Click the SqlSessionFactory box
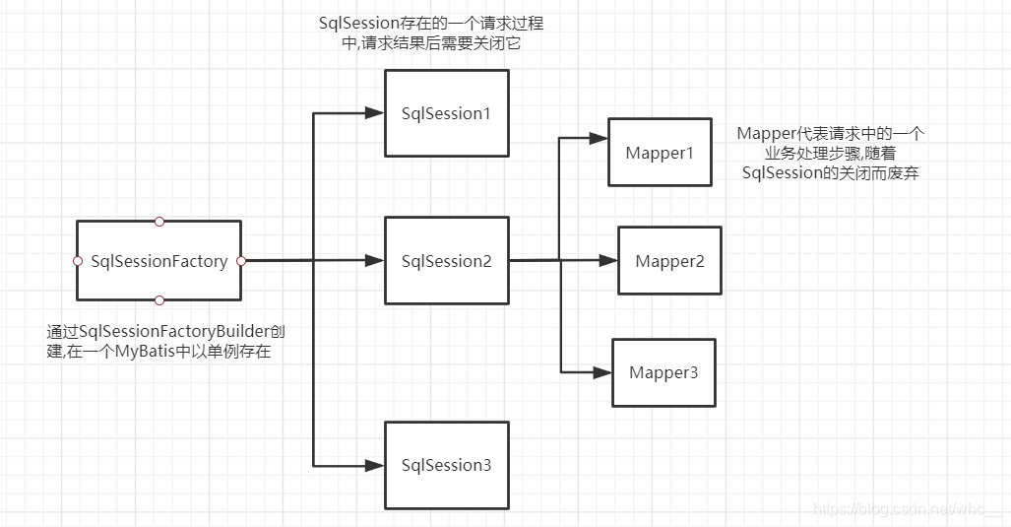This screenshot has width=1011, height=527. pos(158,261)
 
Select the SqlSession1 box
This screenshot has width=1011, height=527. pos(446,113)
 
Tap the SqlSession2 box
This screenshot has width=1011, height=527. pos(446,261)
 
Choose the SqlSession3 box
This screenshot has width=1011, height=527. pos(446,465)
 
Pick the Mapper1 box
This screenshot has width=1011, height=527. pos(660,153)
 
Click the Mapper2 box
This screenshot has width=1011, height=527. pos(669,261)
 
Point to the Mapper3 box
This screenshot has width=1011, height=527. pos(663,372)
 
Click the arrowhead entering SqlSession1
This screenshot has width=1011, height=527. pos(374,113)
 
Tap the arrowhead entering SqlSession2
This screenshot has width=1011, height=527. pos(374,261)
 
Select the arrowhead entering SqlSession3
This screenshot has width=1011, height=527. pos(374,464)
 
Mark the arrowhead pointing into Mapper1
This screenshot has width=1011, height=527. pos(599,137)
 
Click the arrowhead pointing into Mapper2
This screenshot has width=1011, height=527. pos(608,261)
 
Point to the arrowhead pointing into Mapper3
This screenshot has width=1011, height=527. pos(602,372)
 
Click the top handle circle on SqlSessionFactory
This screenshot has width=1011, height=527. pos(159,221)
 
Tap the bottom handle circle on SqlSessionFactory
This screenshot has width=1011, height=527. pos(159,300)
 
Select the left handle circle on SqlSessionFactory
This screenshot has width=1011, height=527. pos(77,261)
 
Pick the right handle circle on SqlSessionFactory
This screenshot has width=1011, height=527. pos(241,261)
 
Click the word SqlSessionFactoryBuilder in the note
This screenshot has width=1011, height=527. pos(181,332)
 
